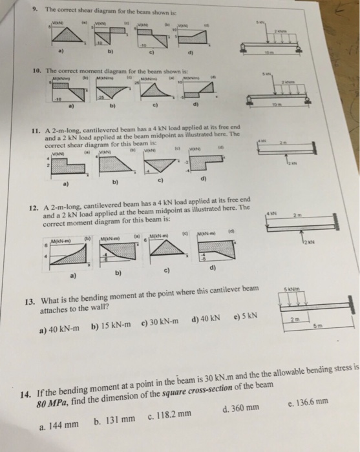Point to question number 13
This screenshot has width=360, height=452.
point(29,302)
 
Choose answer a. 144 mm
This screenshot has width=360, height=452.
point(59,424)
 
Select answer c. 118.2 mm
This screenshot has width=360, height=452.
point(171,414)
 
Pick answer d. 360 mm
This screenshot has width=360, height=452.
point(240,408)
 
